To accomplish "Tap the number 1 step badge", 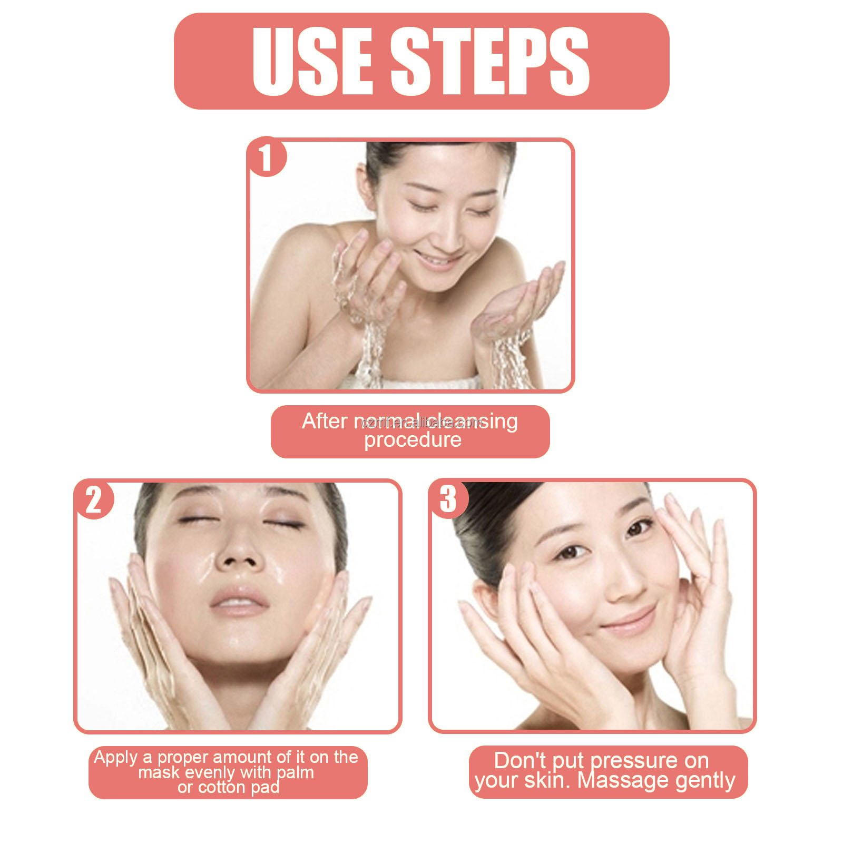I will tap(266, 157).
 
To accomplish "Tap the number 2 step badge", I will tap(94, 499).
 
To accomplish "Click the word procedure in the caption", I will tap(413, 440).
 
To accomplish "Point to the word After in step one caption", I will tap(325, 421).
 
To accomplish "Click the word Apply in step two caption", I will tap(116, 758).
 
